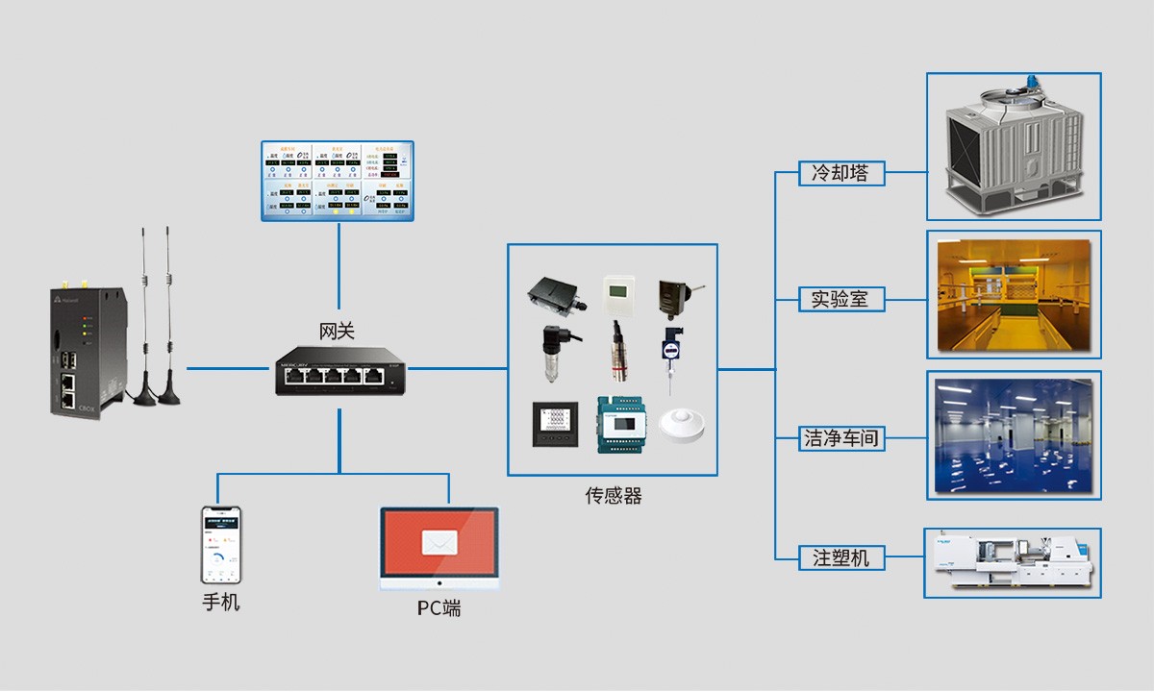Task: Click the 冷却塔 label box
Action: tap(840, 174)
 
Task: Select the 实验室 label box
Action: tap(840, 299)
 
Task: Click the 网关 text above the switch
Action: tap(337, 332)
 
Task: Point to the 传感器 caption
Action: tap(613, 496)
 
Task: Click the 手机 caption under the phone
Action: tap(220, 603)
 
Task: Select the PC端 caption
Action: tap(439, 608)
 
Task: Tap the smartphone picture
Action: tap(220, 545)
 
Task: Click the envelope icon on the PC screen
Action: tap(439, 543)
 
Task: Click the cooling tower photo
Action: tap(1013, 146)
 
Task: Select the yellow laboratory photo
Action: tap(1014, 294)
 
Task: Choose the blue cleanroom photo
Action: tap(1014, 435)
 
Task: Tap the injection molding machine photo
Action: tap(1013, 562)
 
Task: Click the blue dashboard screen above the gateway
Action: tap(338, 181)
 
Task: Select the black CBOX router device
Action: tap(87, 351)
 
